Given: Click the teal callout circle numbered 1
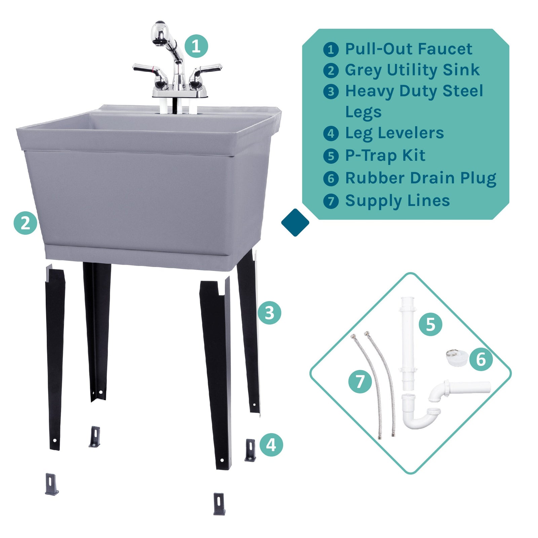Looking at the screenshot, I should [196, 46].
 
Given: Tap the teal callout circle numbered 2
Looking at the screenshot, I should [26, 223].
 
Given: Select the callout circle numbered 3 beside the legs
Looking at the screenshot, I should [269, 313].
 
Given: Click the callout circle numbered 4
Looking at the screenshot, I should [271, 445].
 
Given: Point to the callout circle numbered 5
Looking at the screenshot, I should [430, 324].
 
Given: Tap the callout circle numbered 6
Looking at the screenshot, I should [481, 359].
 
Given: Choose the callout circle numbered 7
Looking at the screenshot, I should [360, 381].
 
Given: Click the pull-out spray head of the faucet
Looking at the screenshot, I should [160, 33].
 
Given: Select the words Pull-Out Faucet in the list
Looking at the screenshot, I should [409, 49].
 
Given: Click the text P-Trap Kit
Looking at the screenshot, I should [385, 156].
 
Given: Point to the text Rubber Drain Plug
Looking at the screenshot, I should [421, 178].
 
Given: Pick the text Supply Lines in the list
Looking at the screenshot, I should [397, 201].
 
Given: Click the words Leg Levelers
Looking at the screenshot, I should [394, 133].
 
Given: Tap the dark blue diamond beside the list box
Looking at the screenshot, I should [295, 222].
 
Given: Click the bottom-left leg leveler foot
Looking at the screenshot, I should [51, 484].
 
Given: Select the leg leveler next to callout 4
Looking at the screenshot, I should [250, 450].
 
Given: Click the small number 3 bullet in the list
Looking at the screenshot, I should [331, 91].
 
